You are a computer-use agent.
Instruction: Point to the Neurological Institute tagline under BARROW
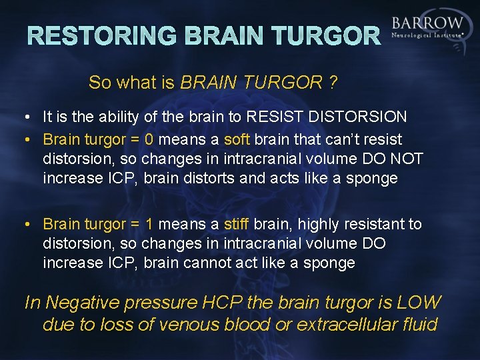pos(427,35)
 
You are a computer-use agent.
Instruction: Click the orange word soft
pos(237,140)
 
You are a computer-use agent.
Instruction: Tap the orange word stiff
pos(236,224)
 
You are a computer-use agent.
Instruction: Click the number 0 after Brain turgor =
pos(149,140)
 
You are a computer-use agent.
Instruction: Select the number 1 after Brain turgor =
pos(149,224)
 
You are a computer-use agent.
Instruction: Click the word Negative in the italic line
pos(85,303)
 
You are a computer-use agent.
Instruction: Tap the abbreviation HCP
pos(222,303)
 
